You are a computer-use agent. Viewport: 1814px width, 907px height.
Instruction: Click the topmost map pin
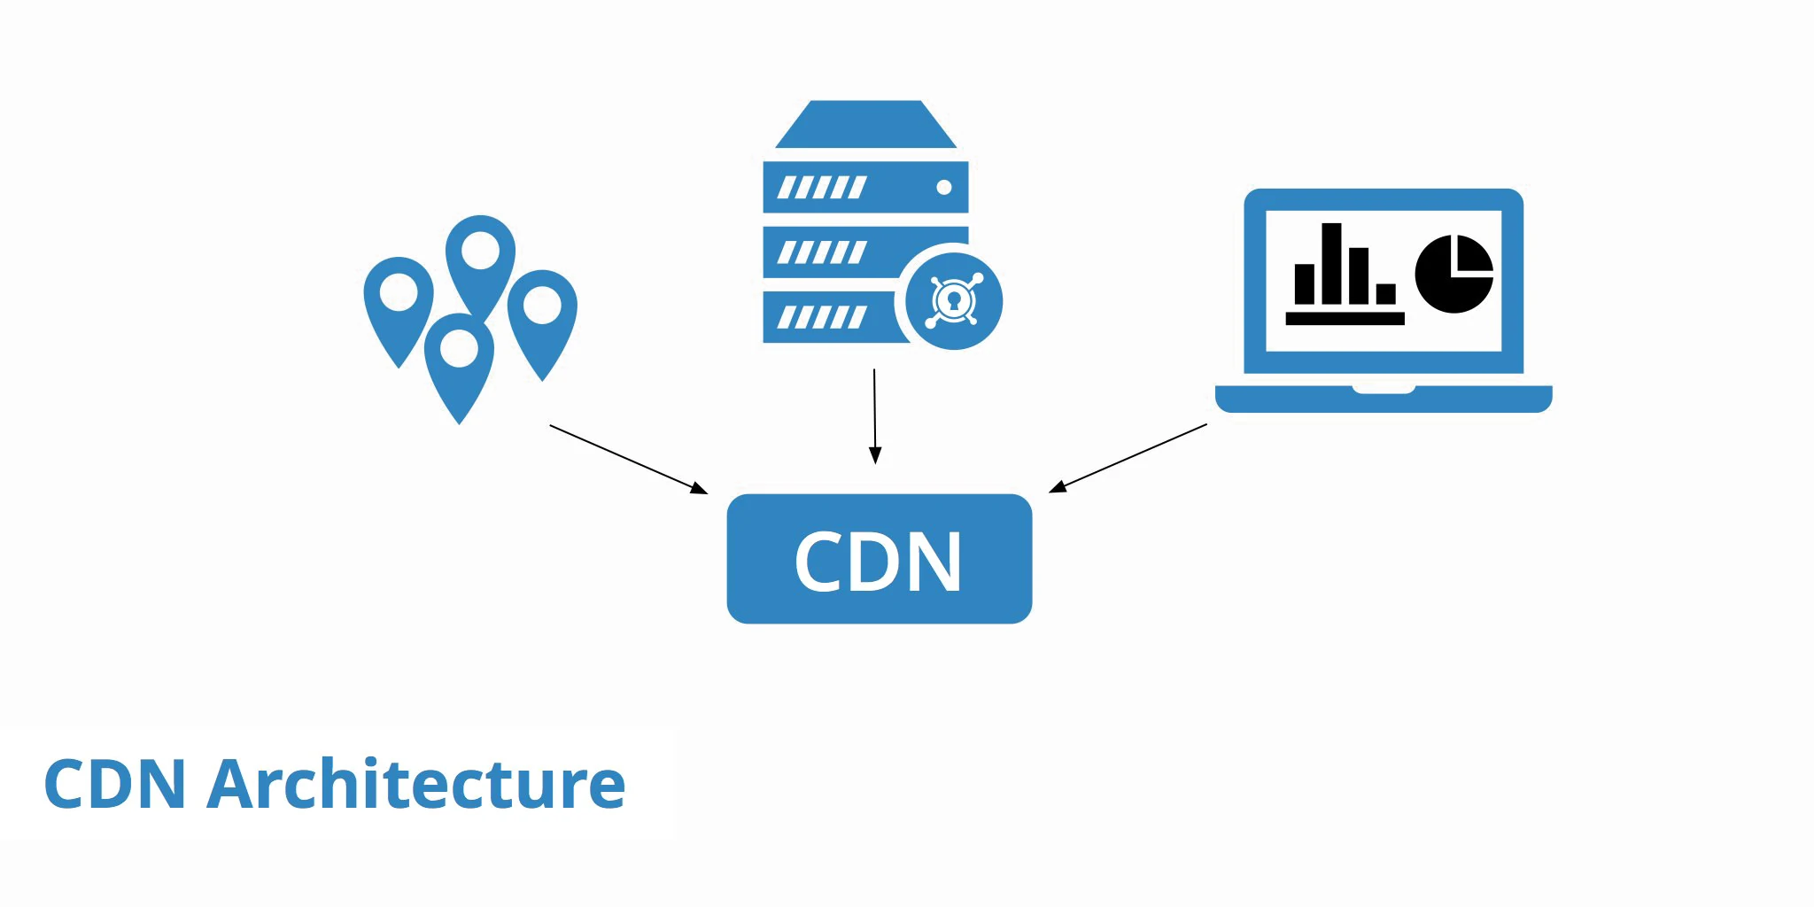pos(480,252)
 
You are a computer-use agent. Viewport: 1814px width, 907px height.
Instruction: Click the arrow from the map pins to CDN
pos(628,459)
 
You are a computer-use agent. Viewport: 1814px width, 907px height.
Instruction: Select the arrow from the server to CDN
pos(875,416)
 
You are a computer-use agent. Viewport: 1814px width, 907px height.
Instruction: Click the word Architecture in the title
pos(416,785)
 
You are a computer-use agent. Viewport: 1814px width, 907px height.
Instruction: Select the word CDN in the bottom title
pos(114,785)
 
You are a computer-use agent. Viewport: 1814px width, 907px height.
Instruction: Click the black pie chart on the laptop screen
pos(1454,274)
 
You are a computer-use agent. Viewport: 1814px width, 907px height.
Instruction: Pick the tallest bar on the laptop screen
pos(1331,263)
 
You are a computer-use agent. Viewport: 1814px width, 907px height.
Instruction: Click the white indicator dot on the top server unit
pos(943,188)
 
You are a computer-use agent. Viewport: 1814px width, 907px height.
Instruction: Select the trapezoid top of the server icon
pos(865,125)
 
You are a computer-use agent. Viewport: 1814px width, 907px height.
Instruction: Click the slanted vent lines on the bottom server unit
pos(821,317)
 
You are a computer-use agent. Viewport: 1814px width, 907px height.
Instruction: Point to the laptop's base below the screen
pos(1383,399)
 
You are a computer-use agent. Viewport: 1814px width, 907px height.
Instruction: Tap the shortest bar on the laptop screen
pos(1385,293)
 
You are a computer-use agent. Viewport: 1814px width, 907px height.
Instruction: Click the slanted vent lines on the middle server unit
pos(821,252)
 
